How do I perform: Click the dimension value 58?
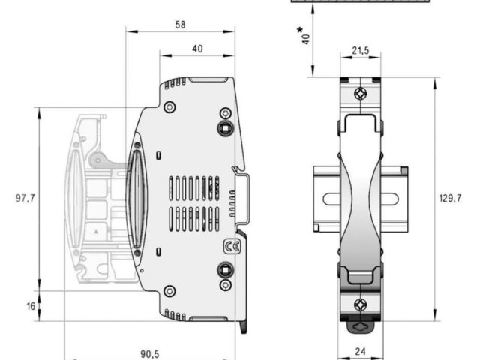(180, 25)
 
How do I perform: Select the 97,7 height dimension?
(25, 198)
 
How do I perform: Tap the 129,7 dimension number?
(450, 198)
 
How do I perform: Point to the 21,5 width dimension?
(361, 50)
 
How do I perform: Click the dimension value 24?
(361, 352)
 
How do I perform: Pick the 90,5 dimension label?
(150, 354)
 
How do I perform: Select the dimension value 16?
(31, 306)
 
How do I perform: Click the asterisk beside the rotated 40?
(300, 31)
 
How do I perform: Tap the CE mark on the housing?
(232, 247)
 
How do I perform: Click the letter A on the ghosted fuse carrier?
(96, 232)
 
